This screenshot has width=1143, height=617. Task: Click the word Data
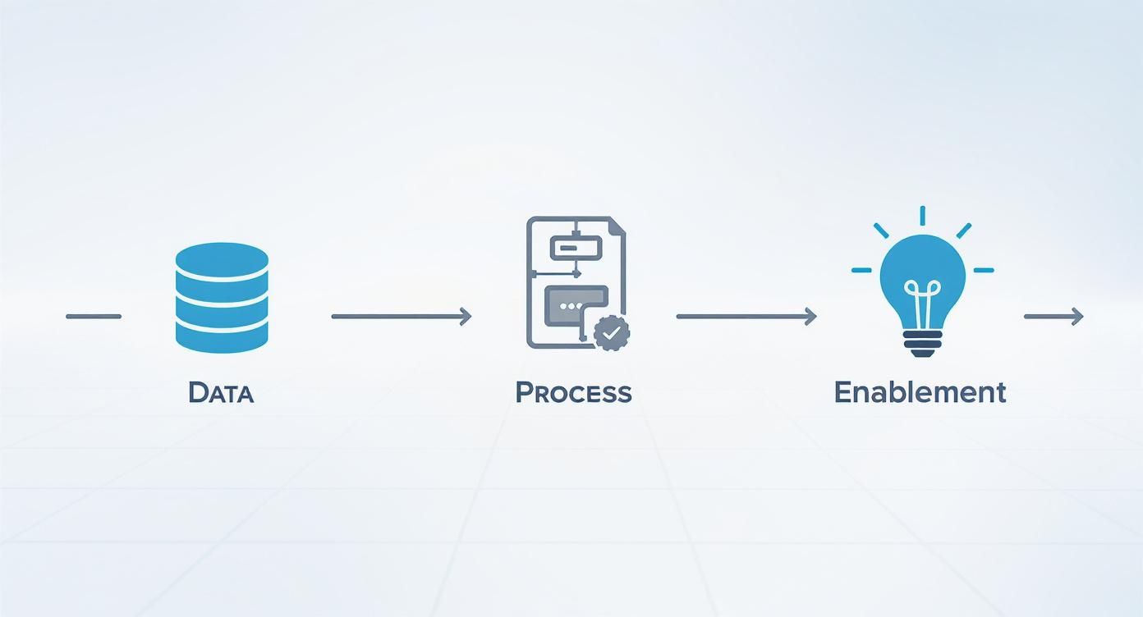click(221, 392)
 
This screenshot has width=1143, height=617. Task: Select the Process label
click(573, 392)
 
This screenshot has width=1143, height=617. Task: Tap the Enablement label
click(920, 392)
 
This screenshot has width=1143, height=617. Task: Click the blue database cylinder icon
click(222, 298)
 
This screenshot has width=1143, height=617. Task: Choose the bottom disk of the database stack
click(222, 337)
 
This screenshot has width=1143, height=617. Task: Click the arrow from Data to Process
click(402, 316)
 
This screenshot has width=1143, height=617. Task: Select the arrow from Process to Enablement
click(746, 316)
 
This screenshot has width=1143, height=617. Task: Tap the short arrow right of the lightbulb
click(1053, 316)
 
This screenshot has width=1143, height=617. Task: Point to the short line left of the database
click(94, 316)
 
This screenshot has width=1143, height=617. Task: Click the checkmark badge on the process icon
click(611, 333)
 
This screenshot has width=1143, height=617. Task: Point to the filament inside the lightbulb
click(922, 297)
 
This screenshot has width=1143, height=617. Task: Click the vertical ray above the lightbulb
click(922, 216)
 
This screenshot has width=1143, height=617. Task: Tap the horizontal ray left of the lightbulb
click(861, 270)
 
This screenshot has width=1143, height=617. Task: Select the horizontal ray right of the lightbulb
click(983, 270)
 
